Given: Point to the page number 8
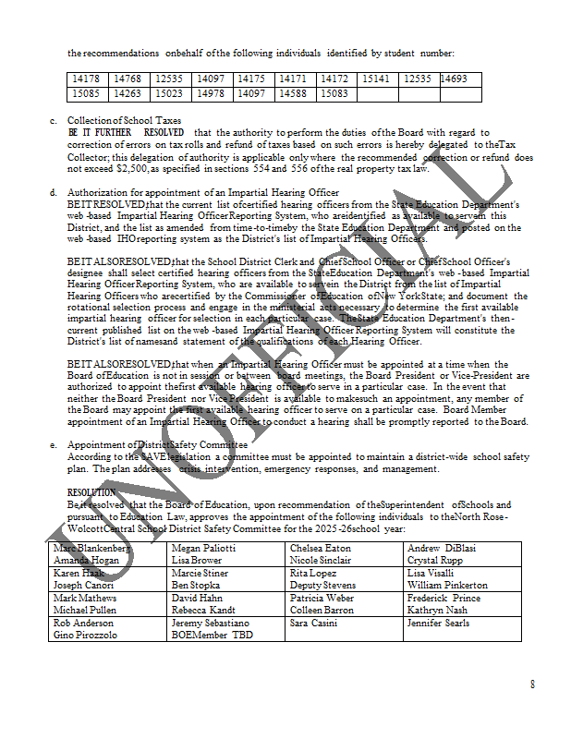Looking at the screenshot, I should pos(532,684).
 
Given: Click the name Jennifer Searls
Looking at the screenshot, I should pos(438,624).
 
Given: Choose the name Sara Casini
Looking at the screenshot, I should pos(313,624).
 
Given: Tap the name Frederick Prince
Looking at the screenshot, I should pos(443,599).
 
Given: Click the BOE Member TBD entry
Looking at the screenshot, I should pos(212,636).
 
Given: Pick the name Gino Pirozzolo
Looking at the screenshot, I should pos(86,636).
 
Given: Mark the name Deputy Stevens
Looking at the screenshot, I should pos(322,586).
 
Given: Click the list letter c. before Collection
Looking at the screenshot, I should pos(54,121).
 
